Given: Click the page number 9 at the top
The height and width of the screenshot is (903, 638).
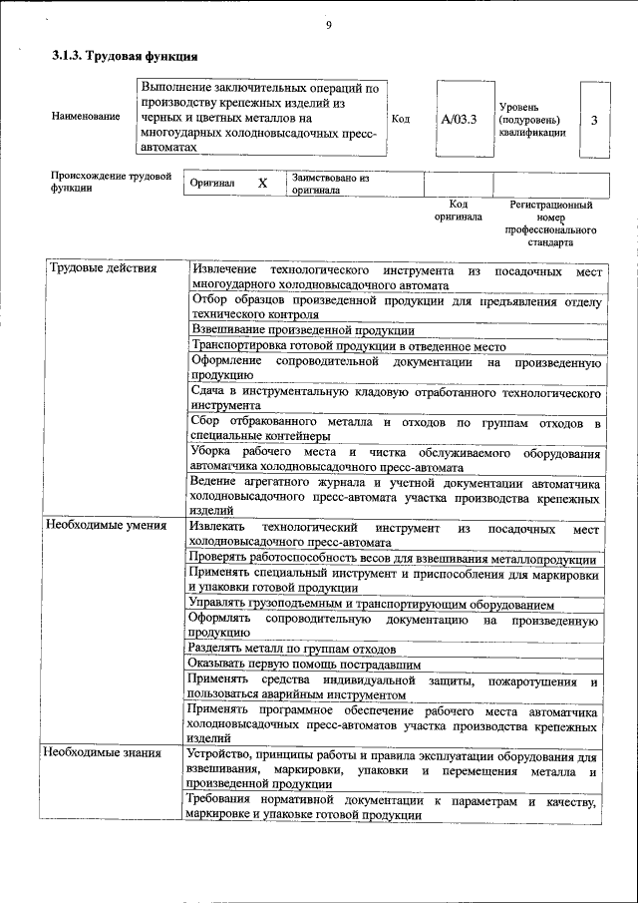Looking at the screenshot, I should coord(327,26).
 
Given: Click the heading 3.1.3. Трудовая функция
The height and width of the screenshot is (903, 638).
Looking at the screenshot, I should coord(118,57).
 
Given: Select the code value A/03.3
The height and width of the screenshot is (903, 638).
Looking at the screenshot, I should coord(460,119).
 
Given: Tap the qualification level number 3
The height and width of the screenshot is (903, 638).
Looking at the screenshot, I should coord(594,120).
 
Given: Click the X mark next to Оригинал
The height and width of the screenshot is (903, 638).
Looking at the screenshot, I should coord(262,185).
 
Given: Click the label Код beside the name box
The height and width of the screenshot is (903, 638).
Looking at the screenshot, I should coord(401,119).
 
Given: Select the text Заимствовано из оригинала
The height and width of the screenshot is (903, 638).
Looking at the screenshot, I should coord(330,185).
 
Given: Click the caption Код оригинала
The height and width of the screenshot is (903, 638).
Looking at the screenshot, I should coord(458,210).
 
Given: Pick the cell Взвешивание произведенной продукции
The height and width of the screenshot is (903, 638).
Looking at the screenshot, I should coord(302,330).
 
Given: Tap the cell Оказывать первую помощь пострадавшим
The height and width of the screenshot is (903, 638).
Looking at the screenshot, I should coord(304,664).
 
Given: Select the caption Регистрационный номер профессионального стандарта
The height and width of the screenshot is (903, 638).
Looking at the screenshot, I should coord(551,223).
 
